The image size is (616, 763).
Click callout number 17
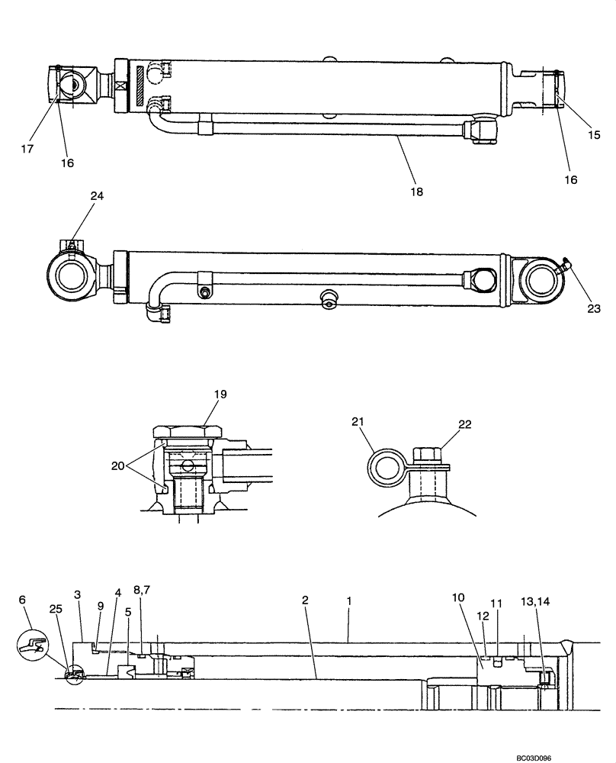click(x=27, y=150)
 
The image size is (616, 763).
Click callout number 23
click(x=594, y=308)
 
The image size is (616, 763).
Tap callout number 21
click(x=359, y=422)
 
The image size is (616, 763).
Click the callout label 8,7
click(x=143, y=591)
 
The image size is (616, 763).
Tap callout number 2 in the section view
click(x=305, y=601)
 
